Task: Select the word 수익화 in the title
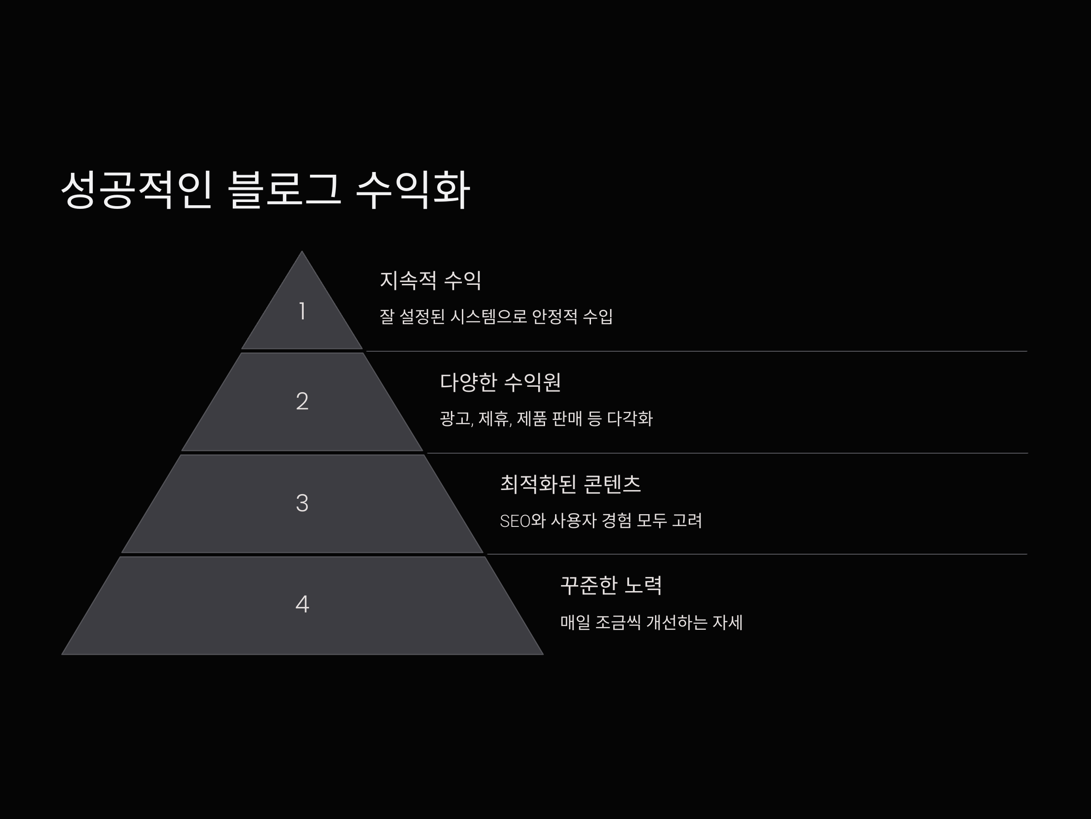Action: click(412, 190)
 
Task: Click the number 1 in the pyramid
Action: click(302, 312)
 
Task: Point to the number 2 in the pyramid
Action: click(302, 401)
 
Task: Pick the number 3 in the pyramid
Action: click(302, 503)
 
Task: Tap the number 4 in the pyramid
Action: click(302, 604)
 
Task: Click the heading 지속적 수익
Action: click(430, 280)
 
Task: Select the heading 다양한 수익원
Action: click(500, 382)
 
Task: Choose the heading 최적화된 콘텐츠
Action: click(570, 484)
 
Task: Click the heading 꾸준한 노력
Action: click(611, 586)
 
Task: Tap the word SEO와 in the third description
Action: click(522, 521)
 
